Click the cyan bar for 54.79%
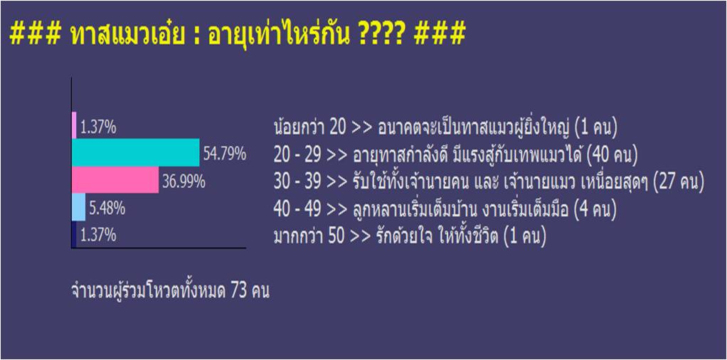136,153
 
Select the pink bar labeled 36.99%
115,180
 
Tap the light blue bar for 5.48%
79,207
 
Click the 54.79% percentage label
224,154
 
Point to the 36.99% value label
184,182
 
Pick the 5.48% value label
107,208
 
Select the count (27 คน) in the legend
679,182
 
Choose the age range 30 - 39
297,182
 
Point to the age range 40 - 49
297,210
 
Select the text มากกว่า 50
309,237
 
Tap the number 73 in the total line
239,292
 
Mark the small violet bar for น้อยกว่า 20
74,125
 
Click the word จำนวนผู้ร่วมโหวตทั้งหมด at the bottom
149,292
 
